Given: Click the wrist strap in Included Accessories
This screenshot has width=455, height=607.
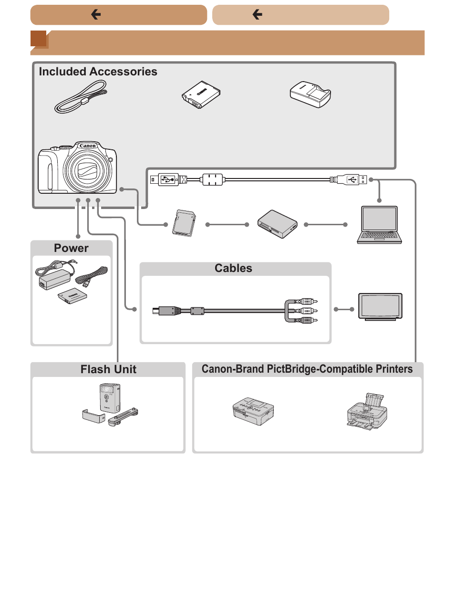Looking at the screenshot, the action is point(81,96).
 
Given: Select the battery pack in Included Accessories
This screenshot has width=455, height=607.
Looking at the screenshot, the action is point(201,94).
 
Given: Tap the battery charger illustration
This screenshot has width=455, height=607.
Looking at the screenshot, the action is point(310,94).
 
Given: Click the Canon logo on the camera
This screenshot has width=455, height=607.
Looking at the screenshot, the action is point(88,146).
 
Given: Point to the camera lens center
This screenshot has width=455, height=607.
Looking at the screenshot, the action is point(87,169).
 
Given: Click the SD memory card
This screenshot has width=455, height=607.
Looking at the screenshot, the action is point(184,223).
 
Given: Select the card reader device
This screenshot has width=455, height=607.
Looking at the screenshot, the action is point(277,224).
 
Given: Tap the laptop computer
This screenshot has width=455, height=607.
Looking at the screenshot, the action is point(379,225).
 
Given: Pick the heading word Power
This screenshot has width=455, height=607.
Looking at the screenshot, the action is point(71,248).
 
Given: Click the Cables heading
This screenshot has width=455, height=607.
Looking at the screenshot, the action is point(233,268).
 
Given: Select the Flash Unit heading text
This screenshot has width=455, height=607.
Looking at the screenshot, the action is point(108,369).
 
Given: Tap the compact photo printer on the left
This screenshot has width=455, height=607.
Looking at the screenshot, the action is point(253,411).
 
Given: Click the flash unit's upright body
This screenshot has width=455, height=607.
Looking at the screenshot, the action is point(110,398).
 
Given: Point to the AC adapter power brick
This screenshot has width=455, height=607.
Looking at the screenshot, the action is point(55,279).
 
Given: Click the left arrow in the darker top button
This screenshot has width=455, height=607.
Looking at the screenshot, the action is point(96,14).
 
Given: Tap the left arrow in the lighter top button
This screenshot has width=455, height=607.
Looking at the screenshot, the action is point(257,14).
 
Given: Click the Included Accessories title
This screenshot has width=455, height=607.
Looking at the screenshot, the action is point(98,72).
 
